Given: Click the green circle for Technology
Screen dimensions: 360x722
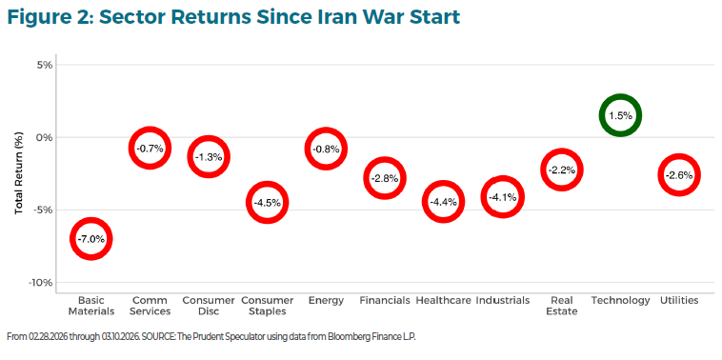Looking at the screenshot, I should tap(620, 115).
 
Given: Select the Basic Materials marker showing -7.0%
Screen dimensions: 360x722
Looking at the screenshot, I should tap(91, 238).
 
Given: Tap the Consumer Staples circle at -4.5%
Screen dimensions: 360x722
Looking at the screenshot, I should tap(267, 202).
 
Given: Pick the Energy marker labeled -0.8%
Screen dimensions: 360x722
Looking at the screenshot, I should tap(326, 149).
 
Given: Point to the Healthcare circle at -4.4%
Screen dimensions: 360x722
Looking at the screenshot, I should tap(443, 201).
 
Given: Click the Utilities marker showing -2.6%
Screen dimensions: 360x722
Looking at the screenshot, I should tap(678, 175).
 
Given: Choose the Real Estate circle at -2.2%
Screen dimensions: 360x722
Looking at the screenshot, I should tap(561, 170).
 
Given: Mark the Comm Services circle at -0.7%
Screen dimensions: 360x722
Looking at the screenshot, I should tap(150, 148).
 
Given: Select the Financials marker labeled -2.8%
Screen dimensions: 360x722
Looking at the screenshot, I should tap(385, 177).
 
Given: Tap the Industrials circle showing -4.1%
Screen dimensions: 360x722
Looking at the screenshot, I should tap(502, 197).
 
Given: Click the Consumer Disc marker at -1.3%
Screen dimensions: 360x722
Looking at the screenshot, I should tap(209, 156).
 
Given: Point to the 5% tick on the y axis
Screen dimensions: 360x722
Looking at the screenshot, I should tap(45, 65).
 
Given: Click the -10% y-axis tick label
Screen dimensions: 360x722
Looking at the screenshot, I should tap(39, 283).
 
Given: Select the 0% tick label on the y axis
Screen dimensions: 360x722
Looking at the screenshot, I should tap(44, 137).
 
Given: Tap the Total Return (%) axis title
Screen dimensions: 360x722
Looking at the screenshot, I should tap(20, 174).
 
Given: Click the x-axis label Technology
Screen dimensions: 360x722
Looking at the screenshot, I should tap(620, 300).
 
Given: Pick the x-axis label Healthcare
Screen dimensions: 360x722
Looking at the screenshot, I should tap(443, 300).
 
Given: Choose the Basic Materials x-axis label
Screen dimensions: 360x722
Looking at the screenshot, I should tap(91, 306).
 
